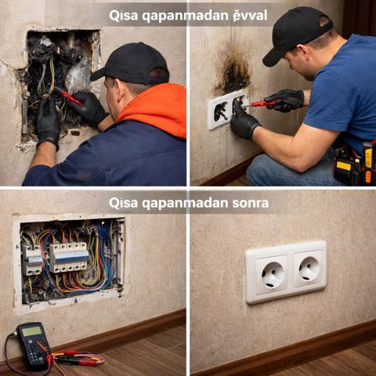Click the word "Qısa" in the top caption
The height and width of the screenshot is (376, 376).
point(123,16)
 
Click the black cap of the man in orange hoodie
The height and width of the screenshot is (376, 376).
point(132,63)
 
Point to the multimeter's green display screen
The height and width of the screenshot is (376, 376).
point(31,331)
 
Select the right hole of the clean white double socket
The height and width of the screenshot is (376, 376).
point(309,269)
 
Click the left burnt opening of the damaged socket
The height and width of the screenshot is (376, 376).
point(221,111)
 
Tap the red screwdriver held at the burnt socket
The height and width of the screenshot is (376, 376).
point(261,103)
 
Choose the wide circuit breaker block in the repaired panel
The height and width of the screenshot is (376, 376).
point(69,257)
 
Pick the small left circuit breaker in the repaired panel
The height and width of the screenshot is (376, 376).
point(32,260)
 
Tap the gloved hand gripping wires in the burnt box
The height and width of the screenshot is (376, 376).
point(48,123)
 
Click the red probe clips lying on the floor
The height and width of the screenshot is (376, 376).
point(76,359)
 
